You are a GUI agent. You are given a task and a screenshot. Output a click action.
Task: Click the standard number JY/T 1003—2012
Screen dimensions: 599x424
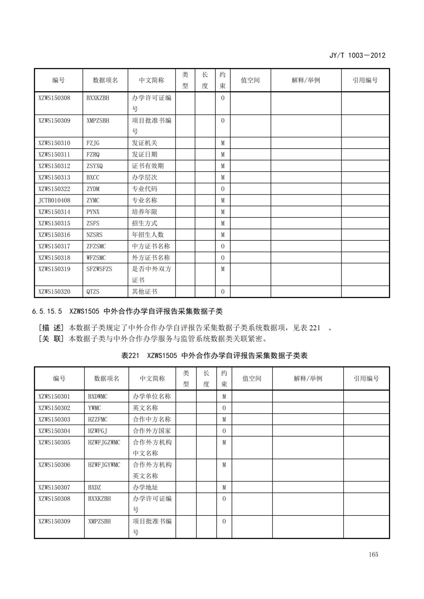coord(357,55)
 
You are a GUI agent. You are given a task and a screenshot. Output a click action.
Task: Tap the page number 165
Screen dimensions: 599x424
coord(373,554)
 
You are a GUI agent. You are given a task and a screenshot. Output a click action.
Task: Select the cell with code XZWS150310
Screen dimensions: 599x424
coord(54,143)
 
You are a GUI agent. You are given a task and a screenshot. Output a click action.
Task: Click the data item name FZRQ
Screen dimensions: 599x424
coord(93,155)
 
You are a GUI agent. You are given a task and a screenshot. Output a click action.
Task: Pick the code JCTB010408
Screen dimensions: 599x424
coord(54,200)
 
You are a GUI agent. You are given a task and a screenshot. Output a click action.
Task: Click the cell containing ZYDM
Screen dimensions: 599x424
coord(93,189)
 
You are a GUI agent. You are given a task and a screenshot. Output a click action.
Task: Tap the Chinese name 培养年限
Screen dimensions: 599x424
coord(145,212)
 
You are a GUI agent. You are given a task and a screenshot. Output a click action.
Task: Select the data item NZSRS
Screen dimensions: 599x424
coord(95,235)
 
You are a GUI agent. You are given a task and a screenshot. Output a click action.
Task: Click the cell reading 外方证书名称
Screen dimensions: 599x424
coord(151,258)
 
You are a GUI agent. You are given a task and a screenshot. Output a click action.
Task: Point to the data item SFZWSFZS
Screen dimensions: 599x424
coord(99,269)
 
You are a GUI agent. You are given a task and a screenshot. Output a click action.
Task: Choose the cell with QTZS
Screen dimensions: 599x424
coord(93,292)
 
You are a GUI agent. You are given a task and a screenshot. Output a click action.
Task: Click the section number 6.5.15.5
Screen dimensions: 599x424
coord(47,311)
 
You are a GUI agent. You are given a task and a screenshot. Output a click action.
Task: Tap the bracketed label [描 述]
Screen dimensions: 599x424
coord(51,328)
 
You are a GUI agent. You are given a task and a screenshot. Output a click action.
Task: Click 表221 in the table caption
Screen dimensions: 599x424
coord(130,355)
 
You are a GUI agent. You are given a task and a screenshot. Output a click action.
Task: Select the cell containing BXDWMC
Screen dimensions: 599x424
coord(98,396)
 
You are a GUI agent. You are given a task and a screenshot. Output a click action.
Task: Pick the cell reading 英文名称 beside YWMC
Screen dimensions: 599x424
coord(145,408)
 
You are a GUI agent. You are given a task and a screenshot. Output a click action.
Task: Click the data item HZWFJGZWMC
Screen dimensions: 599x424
coord(104,442)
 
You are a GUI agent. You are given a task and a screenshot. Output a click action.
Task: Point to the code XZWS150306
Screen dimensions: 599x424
coord(54,465)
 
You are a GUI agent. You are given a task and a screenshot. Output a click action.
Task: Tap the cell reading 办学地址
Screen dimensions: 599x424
coord(145,487)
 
